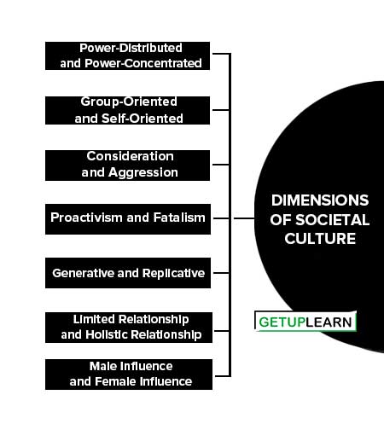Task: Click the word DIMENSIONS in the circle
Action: [320, 200]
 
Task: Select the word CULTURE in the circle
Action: [320, 238]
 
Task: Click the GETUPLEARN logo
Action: [305, 322]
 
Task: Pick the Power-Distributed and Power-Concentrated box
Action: [127, 55]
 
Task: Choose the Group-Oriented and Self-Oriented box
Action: [127, 110]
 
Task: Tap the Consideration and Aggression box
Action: [127, 165]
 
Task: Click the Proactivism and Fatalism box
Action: [128, 219]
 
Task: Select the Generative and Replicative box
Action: [128, 273]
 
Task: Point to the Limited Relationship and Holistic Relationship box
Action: [129, 328]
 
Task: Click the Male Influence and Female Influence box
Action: [129, 374]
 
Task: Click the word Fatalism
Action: [179, 218]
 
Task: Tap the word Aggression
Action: [143, 173]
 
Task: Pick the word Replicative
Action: [173, 273]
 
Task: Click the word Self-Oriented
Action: [143, 119]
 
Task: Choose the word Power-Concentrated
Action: [143, 63]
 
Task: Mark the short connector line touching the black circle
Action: [244, 218]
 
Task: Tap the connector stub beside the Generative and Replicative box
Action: [221, 273]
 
